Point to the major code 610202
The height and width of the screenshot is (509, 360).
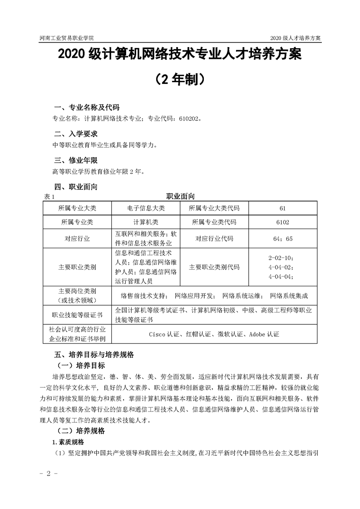[187, 119]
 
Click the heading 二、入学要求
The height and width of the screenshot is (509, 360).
[75, 134]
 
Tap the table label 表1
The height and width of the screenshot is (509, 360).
[49, 196]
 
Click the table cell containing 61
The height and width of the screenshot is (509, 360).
[282, 208]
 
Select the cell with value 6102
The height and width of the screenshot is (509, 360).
[282, 223]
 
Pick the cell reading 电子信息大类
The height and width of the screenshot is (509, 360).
[146, 208]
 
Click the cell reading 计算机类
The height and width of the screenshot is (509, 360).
[146, 223]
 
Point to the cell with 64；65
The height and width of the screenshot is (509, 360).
[282, 239]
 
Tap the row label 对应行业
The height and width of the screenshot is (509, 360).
[78, 239]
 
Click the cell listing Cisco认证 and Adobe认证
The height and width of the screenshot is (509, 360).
[214, 334]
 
